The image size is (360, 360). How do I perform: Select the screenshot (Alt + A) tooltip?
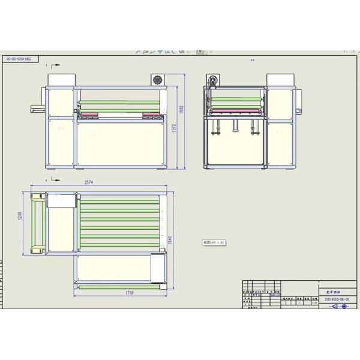(x=214, y=242)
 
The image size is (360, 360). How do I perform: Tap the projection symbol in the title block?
(x=340, y=305)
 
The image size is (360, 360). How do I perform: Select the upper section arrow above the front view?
(x=55, y=64)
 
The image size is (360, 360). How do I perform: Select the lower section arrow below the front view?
(x=55, y=178)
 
